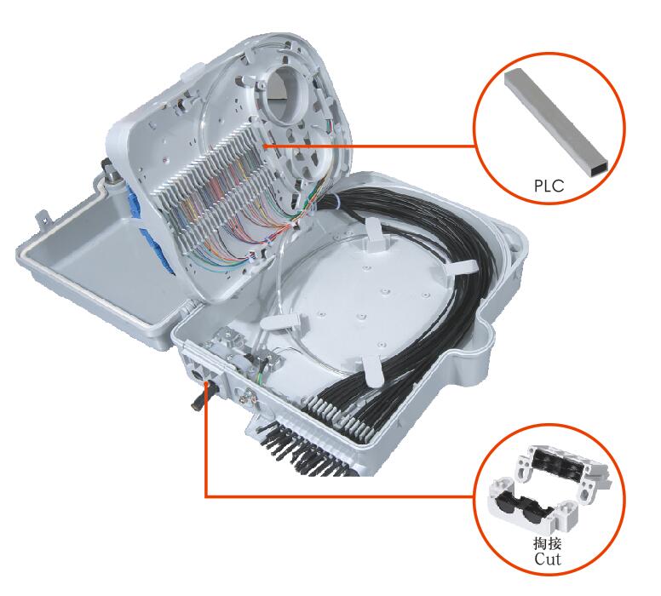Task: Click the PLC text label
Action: click(549, 186)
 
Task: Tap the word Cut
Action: click(548, 559)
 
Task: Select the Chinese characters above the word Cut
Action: click(547, 544)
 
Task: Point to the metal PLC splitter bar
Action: click(556, 122)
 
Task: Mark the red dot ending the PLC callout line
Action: click(266, 146)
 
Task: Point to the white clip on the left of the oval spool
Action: click(281, 323)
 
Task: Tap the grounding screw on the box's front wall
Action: click(246, 397)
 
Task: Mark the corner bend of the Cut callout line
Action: click(206, 496)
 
